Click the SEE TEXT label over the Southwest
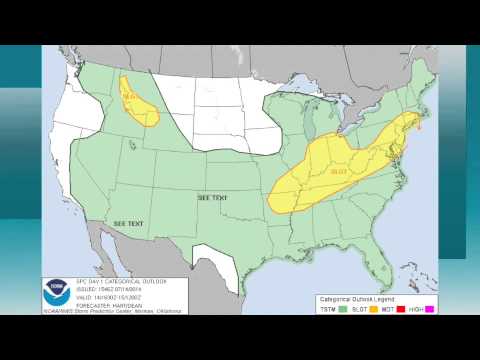128,223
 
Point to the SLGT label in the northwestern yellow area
131,96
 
